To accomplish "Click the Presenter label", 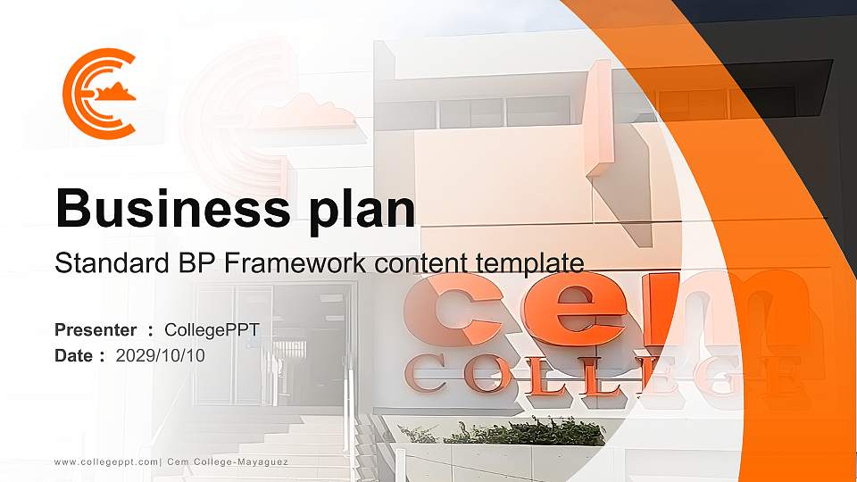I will [96, 330].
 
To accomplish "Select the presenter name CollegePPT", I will [212, 330].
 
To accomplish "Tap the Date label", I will [74, 355].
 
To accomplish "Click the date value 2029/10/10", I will [161, 355].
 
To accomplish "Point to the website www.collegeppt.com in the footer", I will [106, 461].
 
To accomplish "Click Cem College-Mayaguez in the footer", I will [229, 461].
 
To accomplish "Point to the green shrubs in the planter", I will [527, 433].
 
